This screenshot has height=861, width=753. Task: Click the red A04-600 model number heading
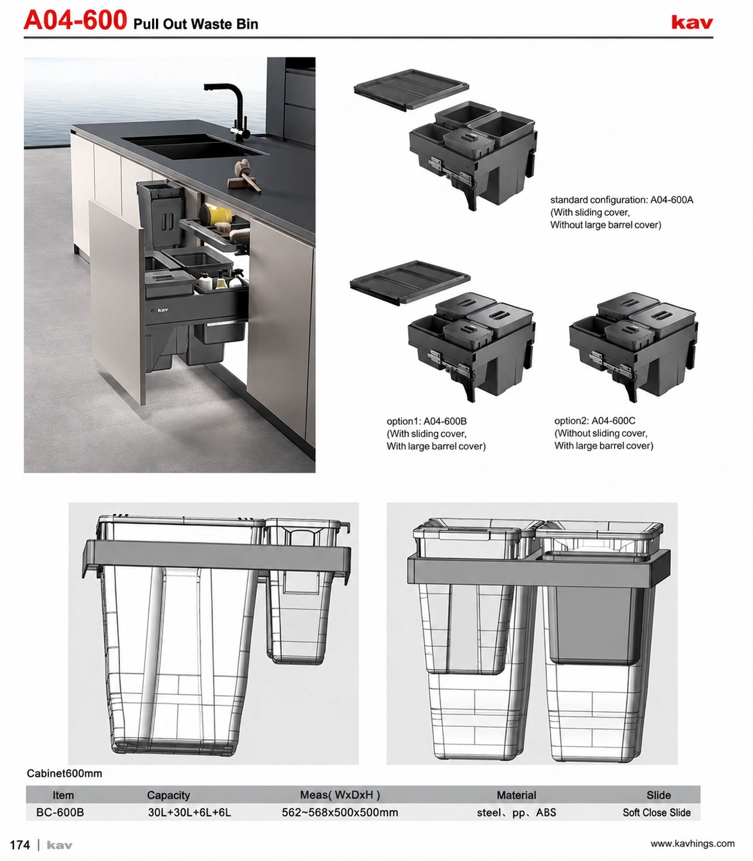[x=75, y=20]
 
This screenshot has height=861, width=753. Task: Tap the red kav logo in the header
[x=692, y=22]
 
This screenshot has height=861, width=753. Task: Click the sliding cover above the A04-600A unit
[x=411, y=89]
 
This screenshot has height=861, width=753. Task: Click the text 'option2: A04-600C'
[x=595, y=421]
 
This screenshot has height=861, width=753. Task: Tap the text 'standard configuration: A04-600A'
[x=622, y=200]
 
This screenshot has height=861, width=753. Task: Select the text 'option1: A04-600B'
[x=426, y=421]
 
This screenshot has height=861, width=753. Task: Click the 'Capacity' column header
[x=168, y=795]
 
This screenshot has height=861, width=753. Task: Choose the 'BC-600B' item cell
[x=60, y=812]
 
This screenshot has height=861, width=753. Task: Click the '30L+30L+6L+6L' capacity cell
[x=189, y=812]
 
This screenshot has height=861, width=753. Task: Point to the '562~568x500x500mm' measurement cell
[x=340, y=812]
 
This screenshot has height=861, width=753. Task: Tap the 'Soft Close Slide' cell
[x=657, y=812]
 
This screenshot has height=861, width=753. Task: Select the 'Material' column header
[x=516, y=795]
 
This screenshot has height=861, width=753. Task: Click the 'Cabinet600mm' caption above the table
[x=64, y=773]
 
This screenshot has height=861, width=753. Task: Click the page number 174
[x=20, y=844]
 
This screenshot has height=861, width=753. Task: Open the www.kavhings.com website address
[x=693, y=843]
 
